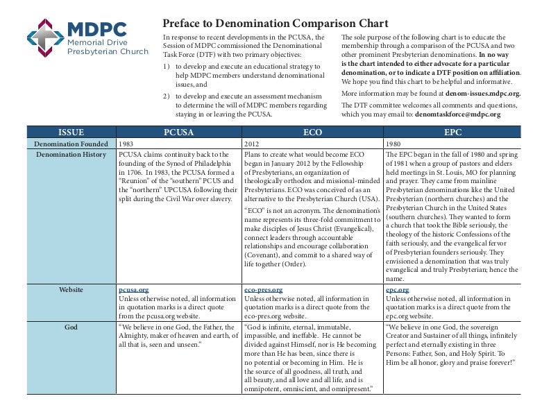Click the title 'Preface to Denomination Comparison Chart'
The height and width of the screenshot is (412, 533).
click(x=275, y=23)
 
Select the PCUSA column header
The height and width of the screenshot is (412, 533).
click(x=178, y=131)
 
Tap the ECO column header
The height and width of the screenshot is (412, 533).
click(x=312, y=131)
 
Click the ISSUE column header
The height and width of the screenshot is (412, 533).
click(x=70, y=131)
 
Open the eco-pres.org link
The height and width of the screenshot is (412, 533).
click(x=263, y=289)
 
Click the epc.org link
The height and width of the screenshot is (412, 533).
click(x=397, y=289)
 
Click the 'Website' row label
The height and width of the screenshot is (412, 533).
click(x=71, y=289)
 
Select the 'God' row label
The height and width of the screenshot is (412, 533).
click(x=71, y=326)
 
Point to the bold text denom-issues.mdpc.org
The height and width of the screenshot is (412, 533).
click(x=473, y=92)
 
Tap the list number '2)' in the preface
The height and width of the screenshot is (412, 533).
click(x=167, y=96)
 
